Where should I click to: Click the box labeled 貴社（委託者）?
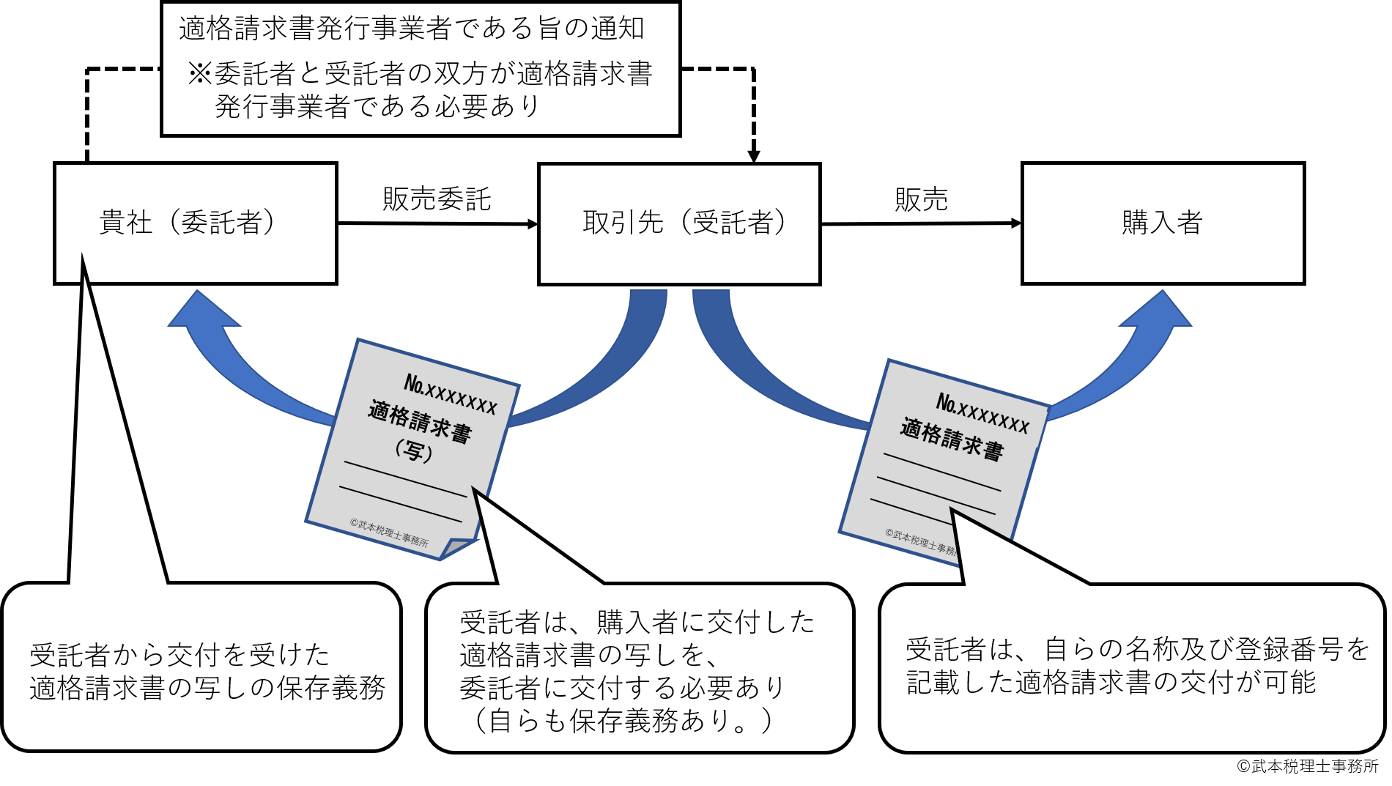pyautogui.click(x=195, y=223)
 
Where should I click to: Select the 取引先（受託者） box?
pyautogui.click(x=679, y=223)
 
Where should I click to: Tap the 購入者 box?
pyautogui.click(x=1163, y=223)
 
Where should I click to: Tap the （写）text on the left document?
pyautogui.click(x=414, y=450)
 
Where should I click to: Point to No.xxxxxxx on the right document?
pyautogui.click(x=982, y=413)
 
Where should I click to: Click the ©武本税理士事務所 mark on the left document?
pyautogui.click(x=389, y=533)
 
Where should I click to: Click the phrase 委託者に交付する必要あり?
pyautogui.click(x=623, y=688)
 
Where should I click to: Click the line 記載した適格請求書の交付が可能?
pyautogui.click(x=1111, y=683)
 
